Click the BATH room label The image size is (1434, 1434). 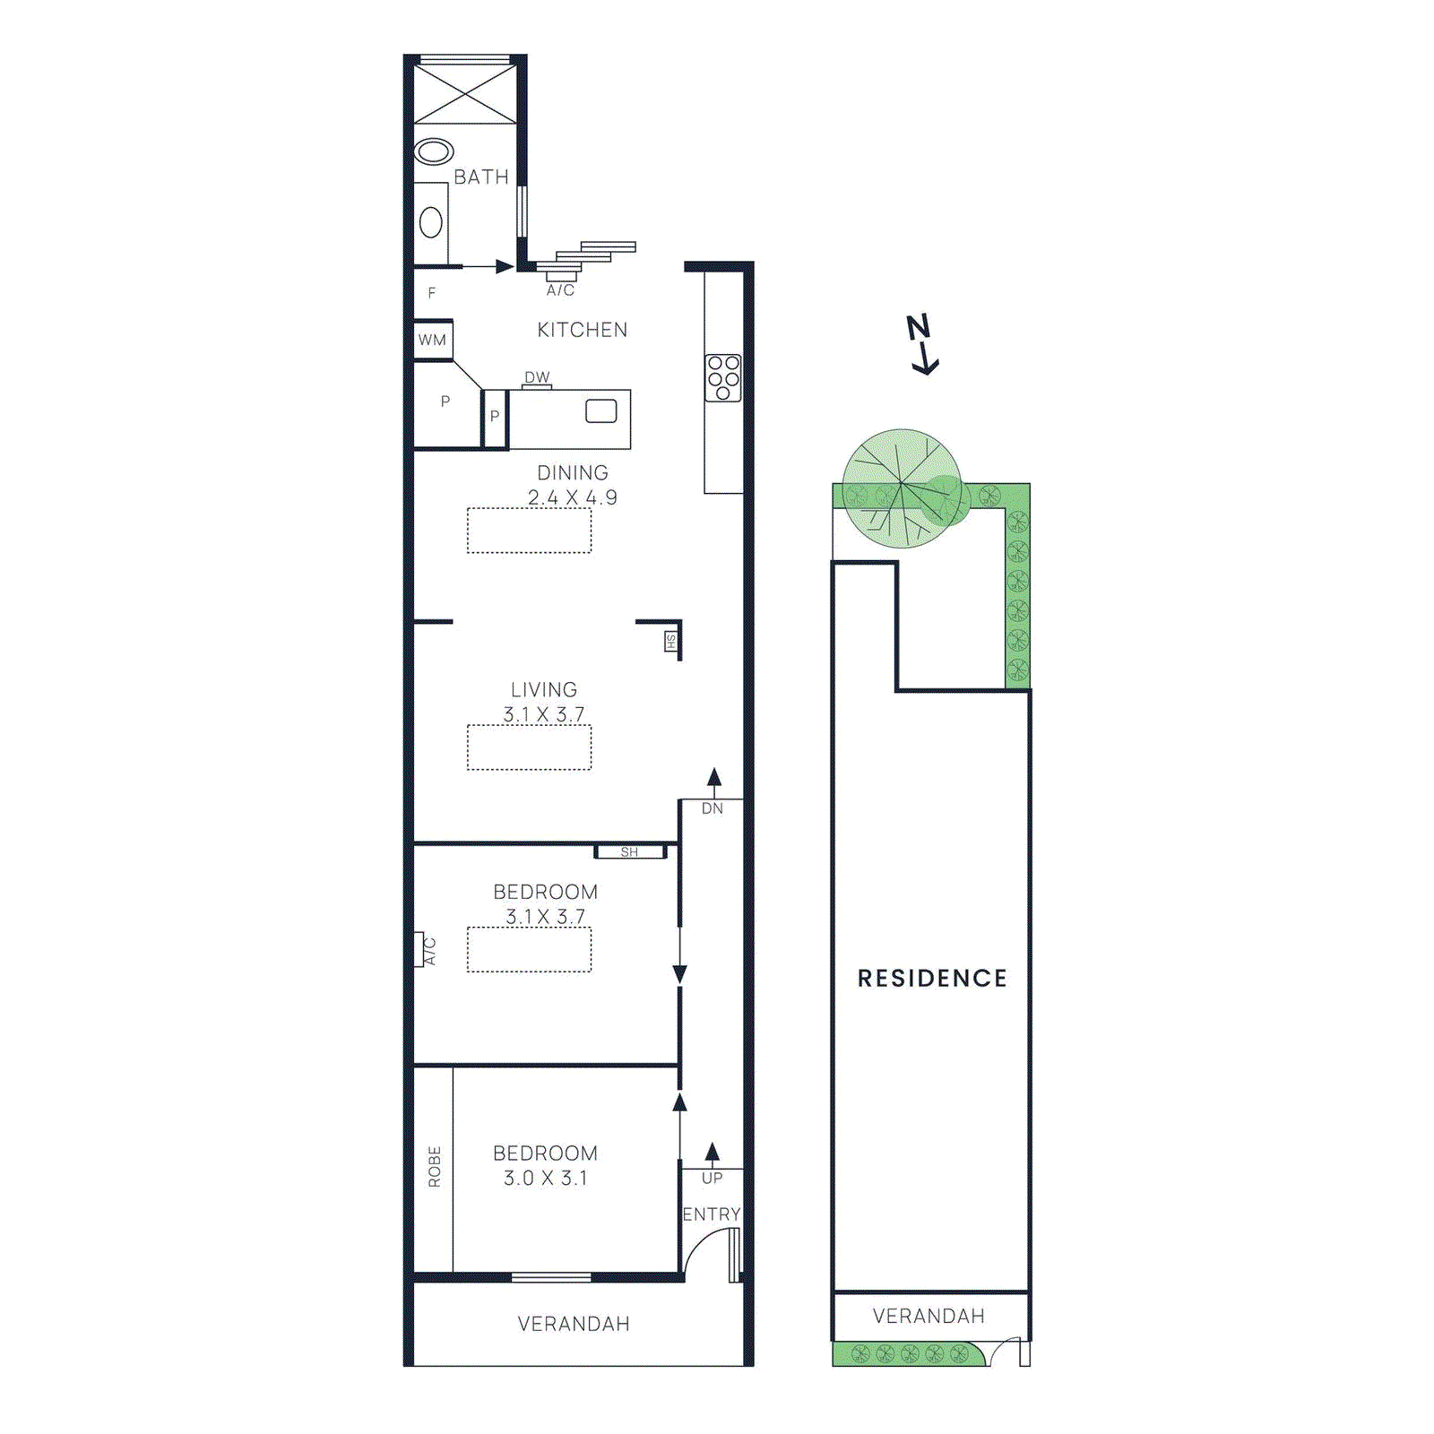point(480,177)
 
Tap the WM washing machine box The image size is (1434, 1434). point(433,340)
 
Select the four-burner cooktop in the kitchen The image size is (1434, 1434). point(723,377)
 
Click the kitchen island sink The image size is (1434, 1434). point(600,411)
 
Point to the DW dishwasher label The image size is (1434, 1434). point(537,377)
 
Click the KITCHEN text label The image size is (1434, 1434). point(582,330)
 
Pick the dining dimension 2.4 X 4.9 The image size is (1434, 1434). point(572,497)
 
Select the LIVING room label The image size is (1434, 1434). point(544,690)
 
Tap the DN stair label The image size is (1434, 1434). point(713,808)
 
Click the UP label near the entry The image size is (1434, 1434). point(712,1178)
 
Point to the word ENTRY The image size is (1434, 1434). point(712,1214)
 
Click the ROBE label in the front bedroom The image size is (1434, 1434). point(435,1167)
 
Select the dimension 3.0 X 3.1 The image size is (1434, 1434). point(545,1179)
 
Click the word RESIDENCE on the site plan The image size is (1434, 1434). point(932,978)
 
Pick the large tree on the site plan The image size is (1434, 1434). point(902,488)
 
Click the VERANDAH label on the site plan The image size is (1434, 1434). point(929,1316)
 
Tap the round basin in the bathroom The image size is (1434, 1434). point(434,151)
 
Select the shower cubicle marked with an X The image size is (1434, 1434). point(465,94)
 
